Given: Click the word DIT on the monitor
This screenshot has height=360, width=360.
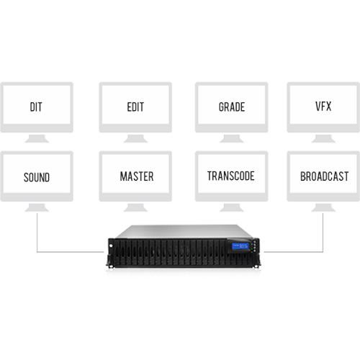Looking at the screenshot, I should [36, 107].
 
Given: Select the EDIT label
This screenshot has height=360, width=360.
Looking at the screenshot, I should [135, 107].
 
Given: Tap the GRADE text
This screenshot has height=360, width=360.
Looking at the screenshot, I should [231, 107].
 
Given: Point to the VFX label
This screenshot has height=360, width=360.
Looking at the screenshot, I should [323, 107].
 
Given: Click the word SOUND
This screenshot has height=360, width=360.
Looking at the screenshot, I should [36, 176].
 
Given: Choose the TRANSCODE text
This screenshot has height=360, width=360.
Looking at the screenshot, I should [231, 176].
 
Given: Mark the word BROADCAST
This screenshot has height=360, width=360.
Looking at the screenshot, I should [323, 176].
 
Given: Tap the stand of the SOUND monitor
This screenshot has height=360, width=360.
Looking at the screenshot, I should [36, 207].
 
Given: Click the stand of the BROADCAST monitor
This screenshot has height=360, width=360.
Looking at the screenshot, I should [323, 207].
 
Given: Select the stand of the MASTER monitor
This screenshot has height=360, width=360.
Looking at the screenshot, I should [135, 207].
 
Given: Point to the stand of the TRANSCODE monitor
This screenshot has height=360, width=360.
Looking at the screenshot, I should [231, 207].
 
